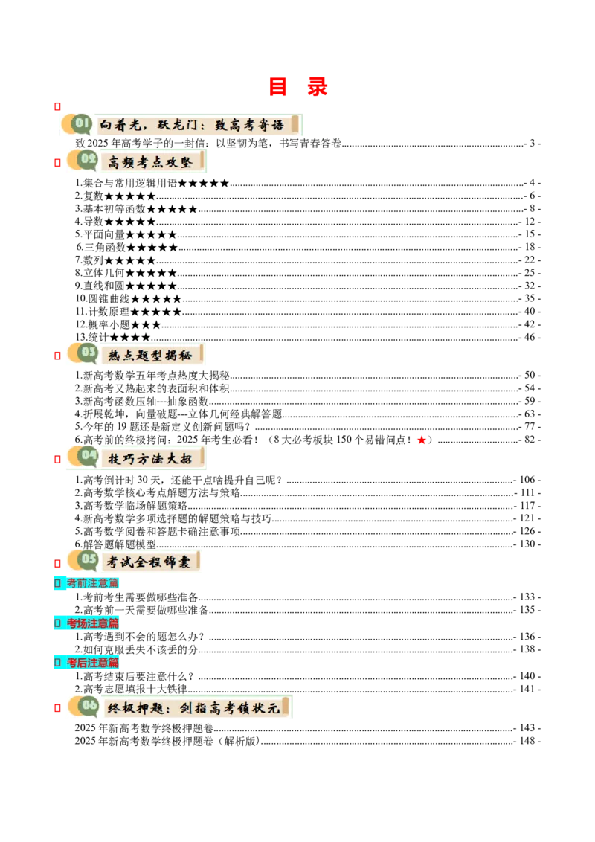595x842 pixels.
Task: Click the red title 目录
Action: coord(298,87)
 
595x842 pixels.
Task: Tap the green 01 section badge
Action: coord(82,124)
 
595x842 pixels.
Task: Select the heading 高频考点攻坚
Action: coord(149,161)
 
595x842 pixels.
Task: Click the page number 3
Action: coord(533,144)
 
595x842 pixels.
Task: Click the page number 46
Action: coord(530,337)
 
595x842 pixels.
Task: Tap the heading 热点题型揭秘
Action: coord(149,355)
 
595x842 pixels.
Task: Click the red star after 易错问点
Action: coord(422,440)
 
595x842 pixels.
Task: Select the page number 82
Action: coord(530,440)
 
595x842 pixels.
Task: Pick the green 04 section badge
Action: coord(88,457)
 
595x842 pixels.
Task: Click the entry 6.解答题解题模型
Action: coord(115,544)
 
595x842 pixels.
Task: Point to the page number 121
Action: coord(527,518)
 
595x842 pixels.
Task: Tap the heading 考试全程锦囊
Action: coord(148,562)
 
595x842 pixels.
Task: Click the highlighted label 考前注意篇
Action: coord(92,583)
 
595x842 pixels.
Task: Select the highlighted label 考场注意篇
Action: coord(92,623)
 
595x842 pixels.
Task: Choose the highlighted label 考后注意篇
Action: coord(92,663)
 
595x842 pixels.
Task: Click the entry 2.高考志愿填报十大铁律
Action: coord(131,689)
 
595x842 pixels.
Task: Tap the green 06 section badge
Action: coord(89,706)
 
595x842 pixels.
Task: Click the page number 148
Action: coord(527,741)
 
